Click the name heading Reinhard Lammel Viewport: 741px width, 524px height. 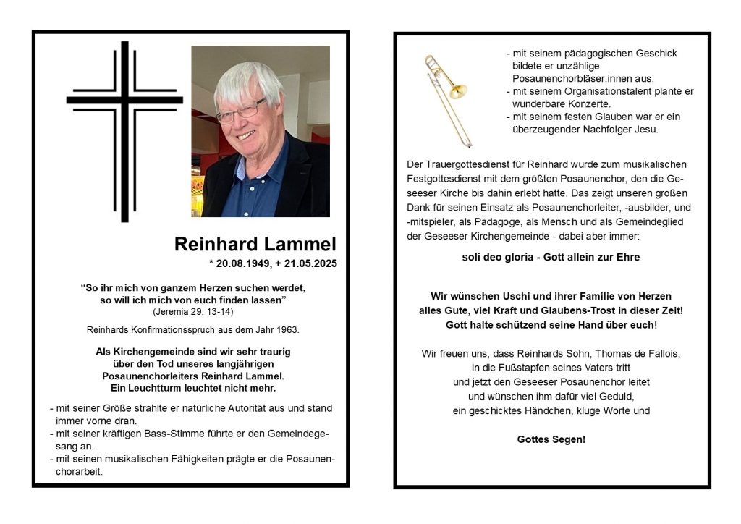pos(255,245)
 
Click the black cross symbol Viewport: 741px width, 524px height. pos(124,130)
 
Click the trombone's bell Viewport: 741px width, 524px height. pos(457,92)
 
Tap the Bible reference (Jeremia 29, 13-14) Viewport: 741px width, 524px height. pos(192,311)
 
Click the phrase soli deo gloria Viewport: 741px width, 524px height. pos(494,257)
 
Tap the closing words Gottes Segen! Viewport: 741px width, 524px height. pos(551,439)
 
